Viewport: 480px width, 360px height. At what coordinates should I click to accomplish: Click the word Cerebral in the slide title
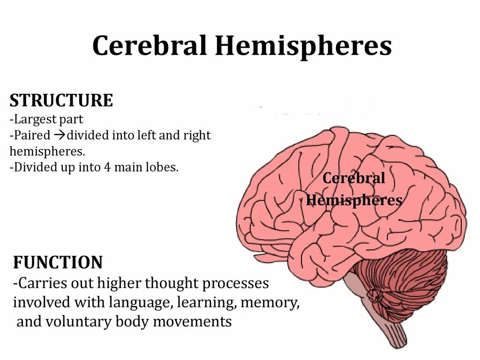[x=150, y=46]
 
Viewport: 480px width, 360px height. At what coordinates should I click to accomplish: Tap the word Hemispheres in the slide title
[x=303, y=46]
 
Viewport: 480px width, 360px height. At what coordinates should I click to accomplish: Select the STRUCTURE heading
[x=61, y=100]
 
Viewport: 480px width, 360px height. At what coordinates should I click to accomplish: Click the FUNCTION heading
[x=58, y=262]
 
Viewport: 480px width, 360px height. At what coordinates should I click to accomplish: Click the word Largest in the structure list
[x=34, y=119]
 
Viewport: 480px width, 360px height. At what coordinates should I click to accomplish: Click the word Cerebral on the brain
[x=354, y=178]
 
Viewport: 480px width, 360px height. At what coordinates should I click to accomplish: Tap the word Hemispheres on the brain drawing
[x=354, y=201]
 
